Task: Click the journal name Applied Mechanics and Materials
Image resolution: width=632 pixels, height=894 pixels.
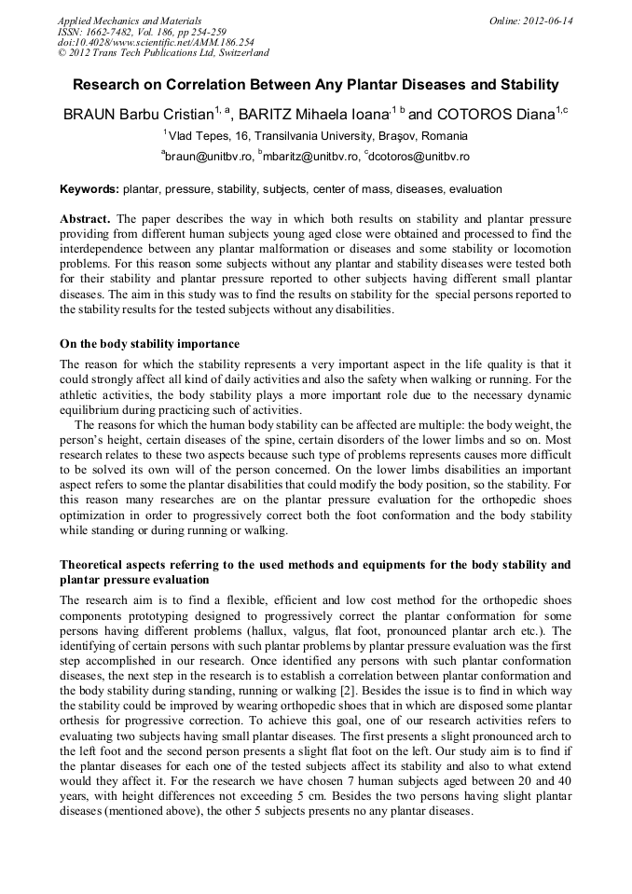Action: point(130,21)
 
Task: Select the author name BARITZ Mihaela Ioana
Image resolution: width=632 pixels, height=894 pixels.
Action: point(311,116)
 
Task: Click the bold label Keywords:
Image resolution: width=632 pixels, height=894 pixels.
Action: point(89,189)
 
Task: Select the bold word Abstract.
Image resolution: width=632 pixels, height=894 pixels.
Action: point(85,219)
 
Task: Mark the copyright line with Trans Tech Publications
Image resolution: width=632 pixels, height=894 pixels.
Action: point(163,54)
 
